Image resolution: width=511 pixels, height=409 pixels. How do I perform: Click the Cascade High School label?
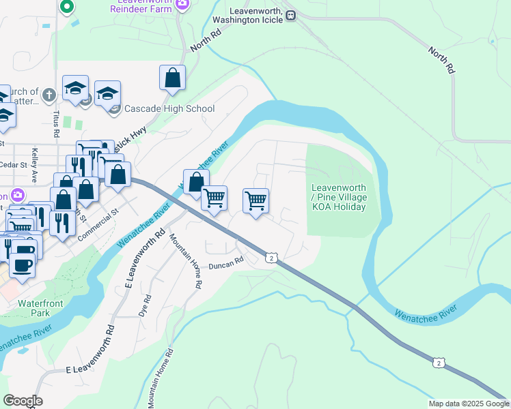coord(169,109)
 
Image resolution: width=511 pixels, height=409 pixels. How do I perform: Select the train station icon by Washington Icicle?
coord(290,15)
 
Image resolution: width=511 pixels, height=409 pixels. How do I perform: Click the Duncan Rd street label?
coord(226,262)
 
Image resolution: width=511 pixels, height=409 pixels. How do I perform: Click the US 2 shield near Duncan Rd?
coord(272,258)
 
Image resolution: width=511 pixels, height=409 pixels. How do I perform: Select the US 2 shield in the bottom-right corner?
coord(438,363)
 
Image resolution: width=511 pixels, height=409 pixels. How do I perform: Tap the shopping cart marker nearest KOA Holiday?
coord(255,200)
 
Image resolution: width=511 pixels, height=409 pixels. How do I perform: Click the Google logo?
coord(23,401)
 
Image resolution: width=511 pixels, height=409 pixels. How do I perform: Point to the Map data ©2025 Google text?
coord(468,404)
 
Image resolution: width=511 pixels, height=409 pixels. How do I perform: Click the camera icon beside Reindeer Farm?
coord(182,4)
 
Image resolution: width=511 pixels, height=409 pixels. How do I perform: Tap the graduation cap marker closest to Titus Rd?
coord(75,87)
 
